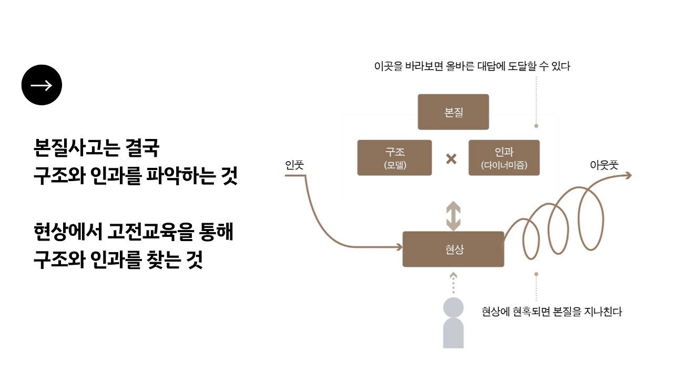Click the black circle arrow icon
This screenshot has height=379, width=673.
[42, 85]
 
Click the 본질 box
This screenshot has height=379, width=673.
[453, 112]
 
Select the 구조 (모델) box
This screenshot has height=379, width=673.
[394, 157]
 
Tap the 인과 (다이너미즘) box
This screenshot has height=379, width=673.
[504, 157]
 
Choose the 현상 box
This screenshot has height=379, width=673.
[453, 249]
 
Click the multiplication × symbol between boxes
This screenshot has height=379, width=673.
[451, 158]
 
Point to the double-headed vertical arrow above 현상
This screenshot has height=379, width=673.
[453, 216]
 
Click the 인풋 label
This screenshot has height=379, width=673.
[294, 165]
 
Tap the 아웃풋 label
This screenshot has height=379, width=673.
[604, 165]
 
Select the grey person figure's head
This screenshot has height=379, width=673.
[453, 307]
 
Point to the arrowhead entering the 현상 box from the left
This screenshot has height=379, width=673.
[398, 246]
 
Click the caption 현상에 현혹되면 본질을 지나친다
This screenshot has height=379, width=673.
[552, 312]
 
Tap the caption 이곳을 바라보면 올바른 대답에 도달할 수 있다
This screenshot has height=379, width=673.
[472, 66]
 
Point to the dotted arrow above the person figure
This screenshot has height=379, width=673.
[453, 283]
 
